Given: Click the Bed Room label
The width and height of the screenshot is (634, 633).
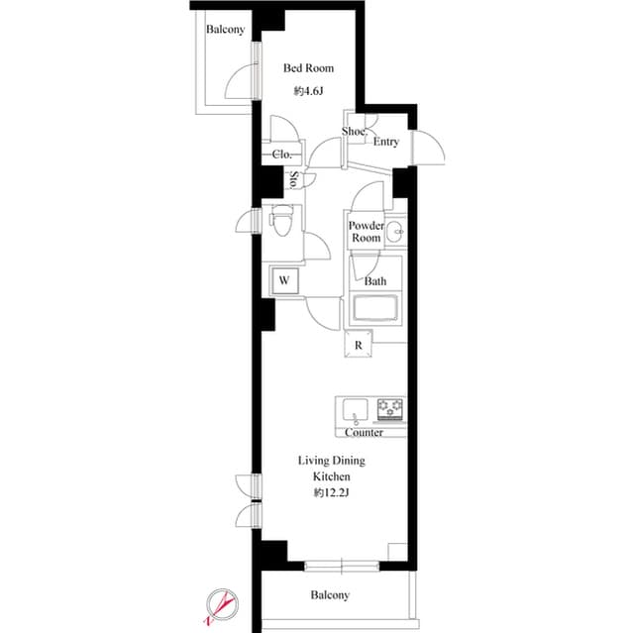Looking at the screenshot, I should coord(308,68).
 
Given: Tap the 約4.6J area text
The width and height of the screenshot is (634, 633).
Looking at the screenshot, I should coord(308,91).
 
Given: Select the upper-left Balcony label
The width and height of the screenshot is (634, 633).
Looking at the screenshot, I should coord(225,30).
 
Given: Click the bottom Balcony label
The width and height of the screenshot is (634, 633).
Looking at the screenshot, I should coord(330,595).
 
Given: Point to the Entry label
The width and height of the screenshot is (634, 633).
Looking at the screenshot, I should coord(386,142).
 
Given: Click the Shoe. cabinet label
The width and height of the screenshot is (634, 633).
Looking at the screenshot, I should coord(354,131).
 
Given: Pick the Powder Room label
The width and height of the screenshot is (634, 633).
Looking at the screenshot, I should coord(366,232).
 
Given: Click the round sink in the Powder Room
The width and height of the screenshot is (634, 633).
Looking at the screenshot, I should coord(394,234).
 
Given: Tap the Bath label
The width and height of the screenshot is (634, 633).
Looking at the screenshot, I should coord(375,281).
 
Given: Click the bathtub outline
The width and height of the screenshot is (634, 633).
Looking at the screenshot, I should coord(375,310).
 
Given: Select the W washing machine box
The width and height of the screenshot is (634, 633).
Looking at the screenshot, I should coord(284,280).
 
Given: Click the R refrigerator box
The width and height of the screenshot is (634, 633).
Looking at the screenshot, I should coord(358,345).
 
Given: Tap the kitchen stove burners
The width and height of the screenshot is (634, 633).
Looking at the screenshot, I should coord(389,408).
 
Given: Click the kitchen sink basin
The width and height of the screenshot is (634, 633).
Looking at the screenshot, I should coord(356,409).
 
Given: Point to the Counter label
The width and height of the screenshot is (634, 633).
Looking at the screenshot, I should coord(365,433).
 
